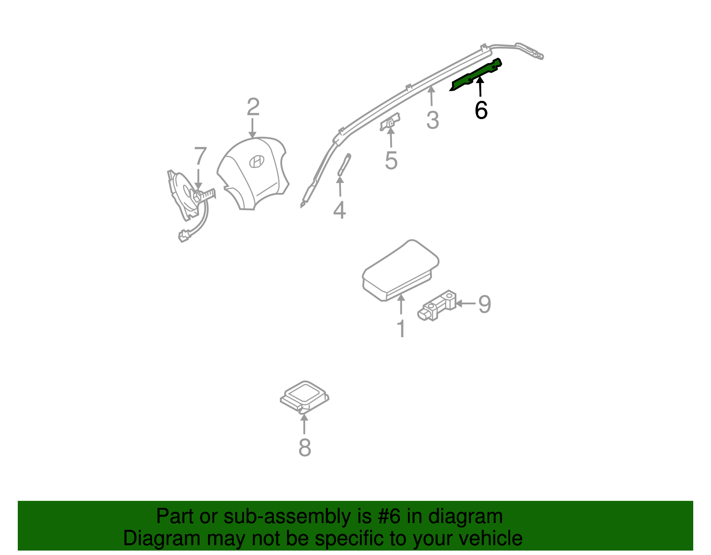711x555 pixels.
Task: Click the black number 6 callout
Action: (481, 110)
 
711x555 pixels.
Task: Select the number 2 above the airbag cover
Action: (253, 107)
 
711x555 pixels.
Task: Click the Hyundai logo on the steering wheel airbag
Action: (256, 161)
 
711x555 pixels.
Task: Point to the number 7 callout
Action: (200, 156)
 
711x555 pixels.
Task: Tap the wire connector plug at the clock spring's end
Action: (183, 236)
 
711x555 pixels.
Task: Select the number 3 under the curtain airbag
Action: (432, 120)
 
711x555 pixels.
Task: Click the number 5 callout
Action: (391, 160)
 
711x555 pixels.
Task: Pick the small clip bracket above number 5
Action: (390, 123)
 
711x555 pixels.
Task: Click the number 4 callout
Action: (340, 210)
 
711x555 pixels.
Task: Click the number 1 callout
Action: (401, 329)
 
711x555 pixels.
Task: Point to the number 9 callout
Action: (484, 304)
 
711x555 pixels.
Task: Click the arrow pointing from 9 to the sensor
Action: (466, 303)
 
